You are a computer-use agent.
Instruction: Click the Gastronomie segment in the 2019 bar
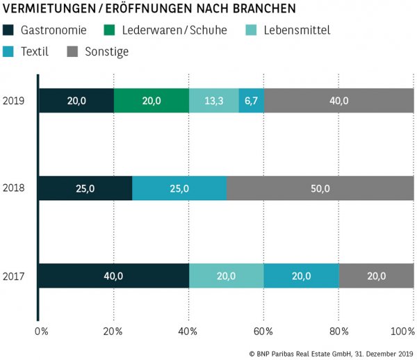point(76,101)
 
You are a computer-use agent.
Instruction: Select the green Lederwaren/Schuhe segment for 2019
point(151,101)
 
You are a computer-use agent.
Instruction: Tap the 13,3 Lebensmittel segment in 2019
point(213,101)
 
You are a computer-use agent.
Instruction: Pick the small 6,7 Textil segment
point(251,101)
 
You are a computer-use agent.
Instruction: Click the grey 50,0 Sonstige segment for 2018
point(320,188)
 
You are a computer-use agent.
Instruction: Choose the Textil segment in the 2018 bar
point(179,188)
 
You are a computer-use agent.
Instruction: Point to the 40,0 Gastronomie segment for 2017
point(113,276)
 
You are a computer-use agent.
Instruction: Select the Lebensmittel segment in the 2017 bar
point(226,276)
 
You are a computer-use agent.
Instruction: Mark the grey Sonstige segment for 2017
point(376,276)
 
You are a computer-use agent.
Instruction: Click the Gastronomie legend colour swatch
point(9,31)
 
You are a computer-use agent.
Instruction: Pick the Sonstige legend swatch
point(72,51)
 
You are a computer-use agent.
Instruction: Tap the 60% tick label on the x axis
point(264,330)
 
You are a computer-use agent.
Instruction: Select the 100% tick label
point(402,330)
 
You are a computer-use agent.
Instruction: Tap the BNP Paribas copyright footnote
point(331,353)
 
